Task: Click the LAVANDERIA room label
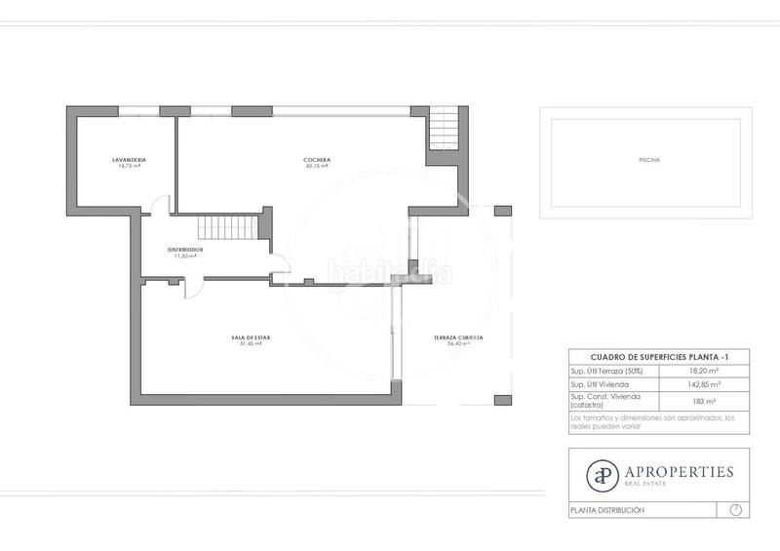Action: (x=129, y=160)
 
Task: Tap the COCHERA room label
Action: (x=317, y=160)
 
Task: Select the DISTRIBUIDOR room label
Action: (x=185, y=250)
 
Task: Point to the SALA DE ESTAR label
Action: (x=251, y=337)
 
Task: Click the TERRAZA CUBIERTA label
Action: (x=459, y=337)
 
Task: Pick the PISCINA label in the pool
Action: (x=647, y=160)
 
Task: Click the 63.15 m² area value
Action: (x=317, y=167)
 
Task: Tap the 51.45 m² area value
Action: (x=251, y=344)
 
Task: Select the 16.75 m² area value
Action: (x=129, y=167)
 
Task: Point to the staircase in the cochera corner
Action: (x=444, y=127)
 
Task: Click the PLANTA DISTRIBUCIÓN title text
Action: (x=607, y=510)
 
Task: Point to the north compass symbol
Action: (x=735, y=510)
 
